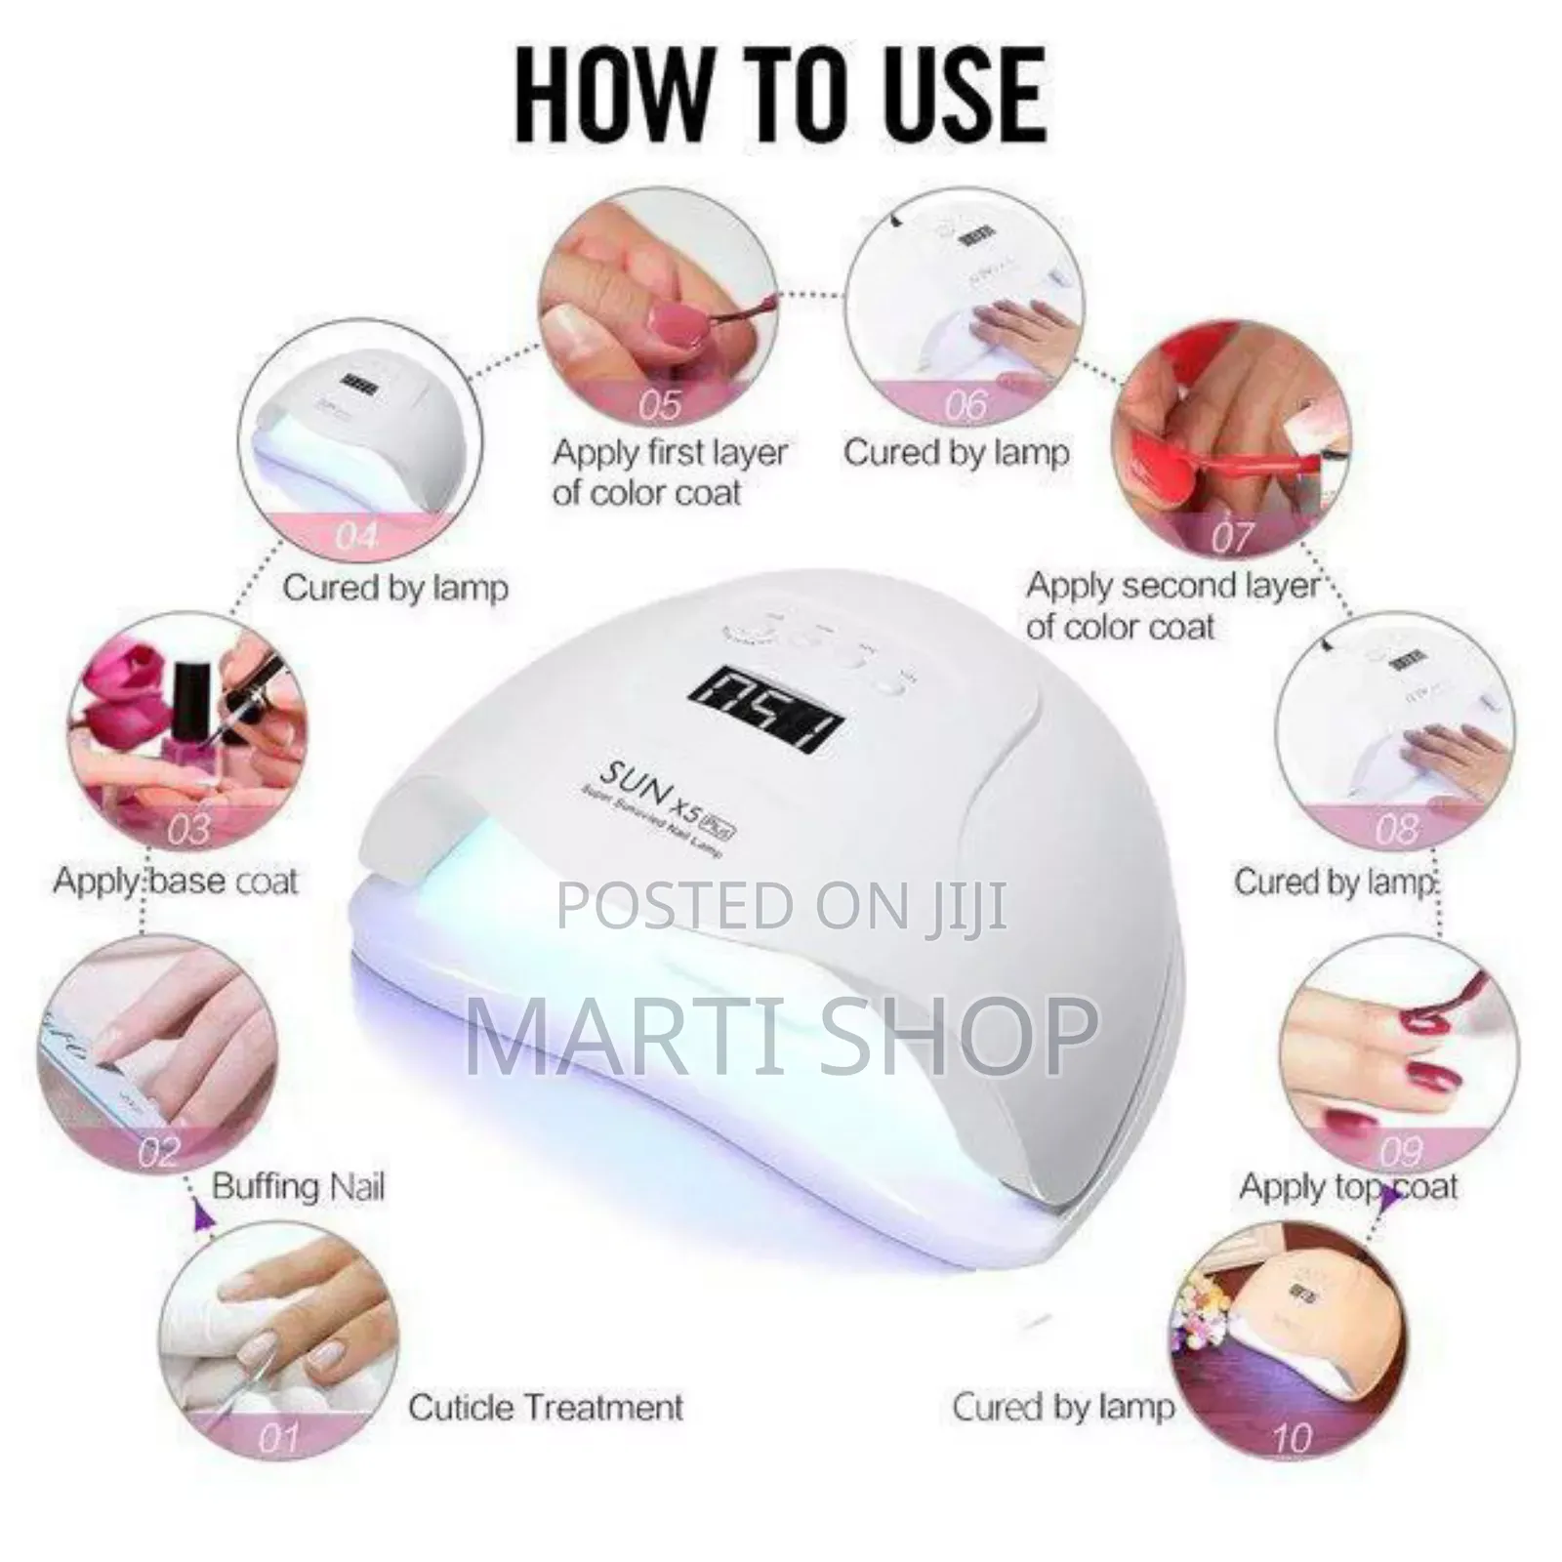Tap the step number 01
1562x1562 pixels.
tap(277, 1438)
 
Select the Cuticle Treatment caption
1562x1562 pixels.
tap(546, 1407)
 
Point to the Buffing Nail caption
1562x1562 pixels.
tap(298, 1186)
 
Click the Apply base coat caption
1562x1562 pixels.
tap(176, 881)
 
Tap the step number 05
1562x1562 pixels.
tap(660, 403)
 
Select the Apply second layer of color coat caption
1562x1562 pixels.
tap(1171, 605)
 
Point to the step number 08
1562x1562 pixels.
tap(1396, 830)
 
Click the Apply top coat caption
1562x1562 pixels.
tap(1347, 1187)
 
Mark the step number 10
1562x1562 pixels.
tap(1291, 1438)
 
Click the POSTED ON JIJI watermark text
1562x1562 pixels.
tap(781, 906)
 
